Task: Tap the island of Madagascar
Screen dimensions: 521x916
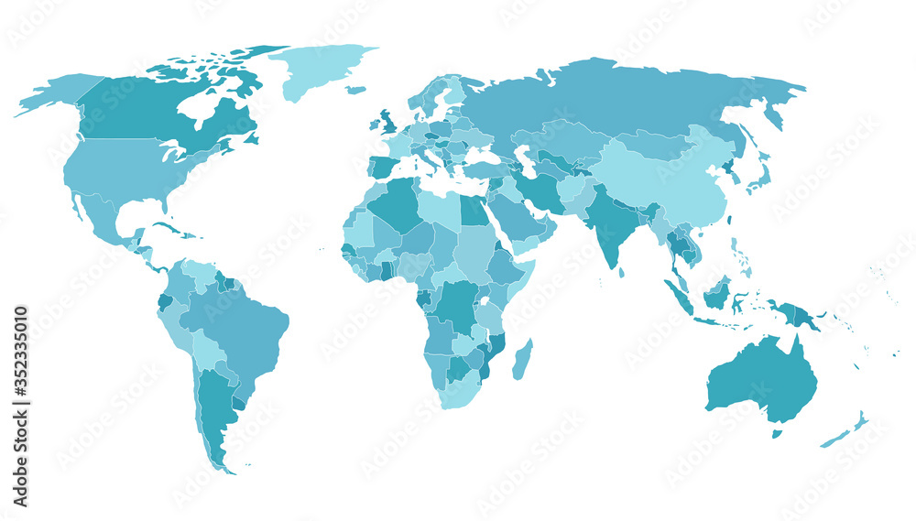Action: coord(521,359)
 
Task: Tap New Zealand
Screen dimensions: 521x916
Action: coord(847,430)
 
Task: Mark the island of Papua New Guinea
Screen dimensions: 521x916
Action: coord(797,315)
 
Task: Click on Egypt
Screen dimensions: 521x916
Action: coord(472,212)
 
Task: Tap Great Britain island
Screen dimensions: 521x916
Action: coord(387,121)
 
